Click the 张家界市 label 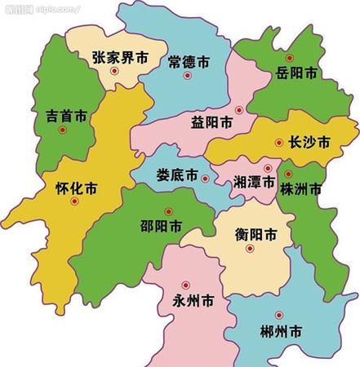(120, 59)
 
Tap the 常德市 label (189, 61)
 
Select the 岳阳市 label (296, 73)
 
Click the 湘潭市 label (254, 181)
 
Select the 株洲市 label (300, 190)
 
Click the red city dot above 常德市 (188, 77)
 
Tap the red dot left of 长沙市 (280, 141)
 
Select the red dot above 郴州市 (279, 315)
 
